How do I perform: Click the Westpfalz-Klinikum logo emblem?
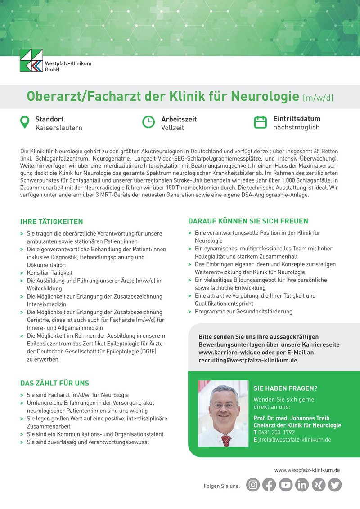31,60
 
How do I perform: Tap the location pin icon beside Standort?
25,122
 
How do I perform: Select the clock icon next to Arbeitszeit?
148,122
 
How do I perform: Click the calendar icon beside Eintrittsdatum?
261,122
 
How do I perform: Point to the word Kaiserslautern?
58,128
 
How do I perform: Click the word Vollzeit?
172,128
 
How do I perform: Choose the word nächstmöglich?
296,128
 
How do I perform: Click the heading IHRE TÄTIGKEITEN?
52,222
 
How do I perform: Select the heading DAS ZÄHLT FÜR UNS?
54,384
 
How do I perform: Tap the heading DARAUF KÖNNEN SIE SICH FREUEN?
248,221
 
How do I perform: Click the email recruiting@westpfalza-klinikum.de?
247,360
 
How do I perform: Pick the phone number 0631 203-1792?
276,432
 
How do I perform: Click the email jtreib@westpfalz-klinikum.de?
294,439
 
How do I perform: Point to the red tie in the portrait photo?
226,440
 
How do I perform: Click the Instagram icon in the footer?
253,485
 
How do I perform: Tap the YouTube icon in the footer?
286,485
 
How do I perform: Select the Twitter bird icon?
335,485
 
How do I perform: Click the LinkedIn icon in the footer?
302,485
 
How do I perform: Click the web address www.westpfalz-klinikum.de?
307,470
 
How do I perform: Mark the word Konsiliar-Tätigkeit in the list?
49,273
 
